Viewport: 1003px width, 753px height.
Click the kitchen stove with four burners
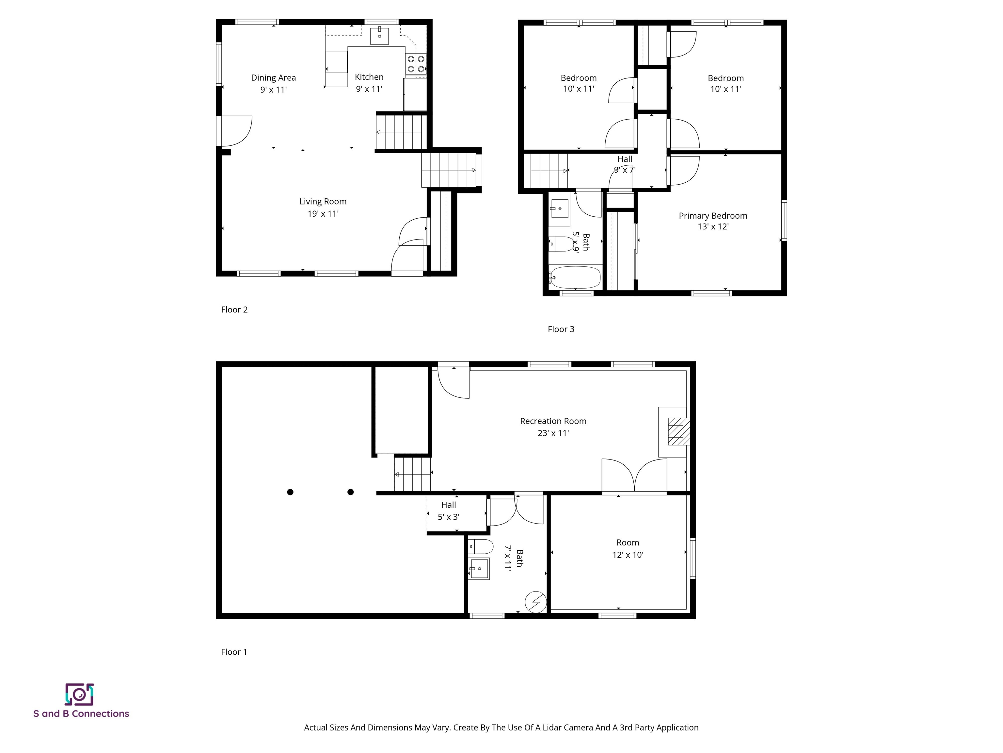click(x=416, y=64)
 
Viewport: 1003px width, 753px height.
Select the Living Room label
click(x=323, y=202)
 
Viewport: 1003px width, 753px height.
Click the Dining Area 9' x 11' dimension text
click(x=273, y=90)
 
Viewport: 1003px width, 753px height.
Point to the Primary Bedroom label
click(x=713, y=216)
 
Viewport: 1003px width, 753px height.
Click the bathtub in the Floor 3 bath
click(x=575, y=277)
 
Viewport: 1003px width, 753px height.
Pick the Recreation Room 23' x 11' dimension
click(x=553, y=433)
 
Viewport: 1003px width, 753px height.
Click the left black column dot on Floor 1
click(x=290, y=492)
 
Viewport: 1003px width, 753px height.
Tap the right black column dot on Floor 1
click(x=351, y=492)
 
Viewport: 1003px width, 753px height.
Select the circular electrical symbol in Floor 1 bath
click(x=535, y=602)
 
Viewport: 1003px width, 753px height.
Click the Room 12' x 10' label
click(x=628, y=548)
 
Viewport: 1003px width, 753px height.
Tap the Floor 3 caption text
click(x=561, y=329)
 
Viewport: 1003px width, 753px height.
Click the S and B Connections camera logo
click(x=79, y=694)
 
